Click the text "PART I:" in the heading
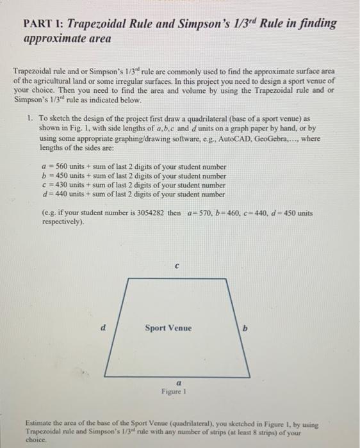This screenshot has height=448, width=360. pos(44,24)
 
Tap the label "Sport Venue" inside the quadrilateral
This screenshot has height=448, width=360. pos(168,328)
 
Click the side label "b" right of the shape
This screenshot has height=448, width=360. pos(244,328)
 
